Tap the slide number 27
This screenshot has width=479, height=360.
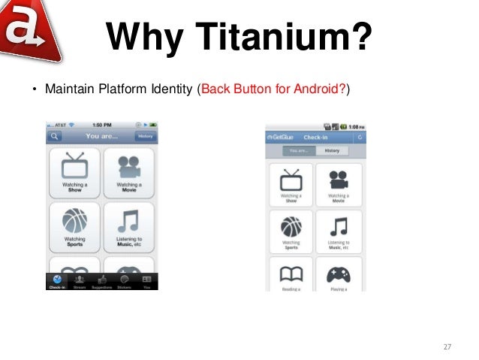tap(447, 346)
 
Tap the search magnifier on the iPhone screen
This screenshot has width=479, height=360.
tap(53, 137)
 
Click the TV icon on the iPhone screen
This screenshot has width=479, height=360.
tap(74, 166)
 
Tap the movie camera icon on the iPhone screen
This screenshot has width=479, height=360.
tap(128, 166)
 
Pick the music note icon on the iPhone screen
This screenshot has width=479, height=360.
tap(128, 220)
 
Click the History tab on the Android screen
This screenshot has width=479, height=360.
tap(332, 150)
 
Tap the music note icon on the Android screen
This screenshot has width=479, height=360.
tap(338, 226)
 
